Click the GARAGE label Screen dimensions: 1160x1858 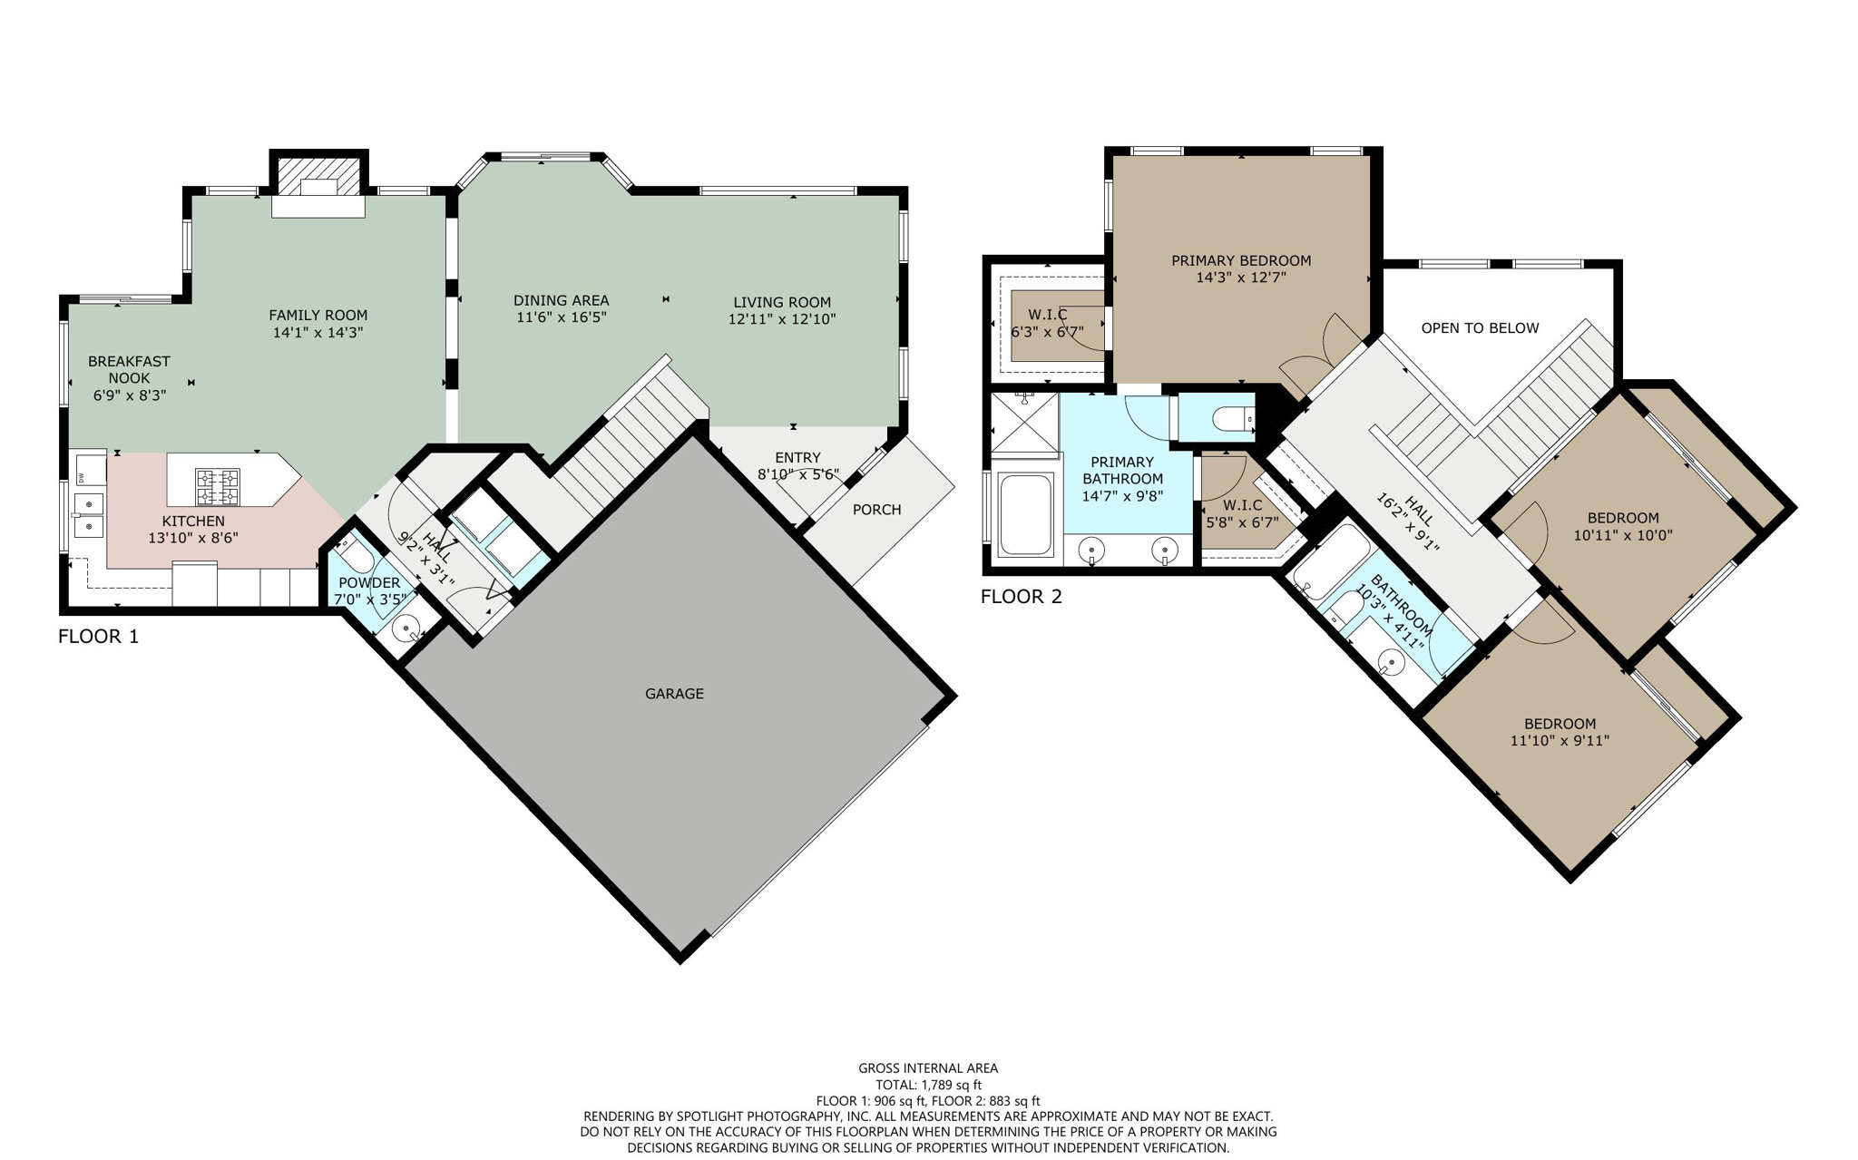[x=674, y=694]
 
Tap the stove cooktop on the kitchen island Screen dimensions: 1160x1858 [x=218, y=487]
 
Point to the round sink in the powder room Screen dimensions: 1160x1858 [x=407, y=627]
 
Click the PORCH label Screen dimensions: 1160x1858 [x=876, y=510]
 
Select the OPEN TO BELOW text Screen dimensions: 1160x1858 [x=1480, y=328]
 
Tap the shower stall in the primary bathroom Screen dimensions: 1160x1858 [x=1024, y=422]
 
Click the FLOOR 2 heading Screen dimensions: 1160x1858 [x=1021, y=597]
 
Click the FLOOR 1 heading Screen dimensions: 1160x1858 [x=98, y=637]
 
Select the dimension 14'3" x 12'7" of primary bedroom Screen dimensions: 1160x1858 [x=1241, y=278]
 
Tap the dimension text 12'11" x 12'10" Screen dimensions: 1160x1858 [x=781, y=319]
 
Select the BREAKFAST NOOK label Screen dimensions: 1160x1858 [x=129, y=369]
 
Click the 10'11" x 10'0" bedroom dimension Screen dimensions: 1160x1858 [x=1622, y=535]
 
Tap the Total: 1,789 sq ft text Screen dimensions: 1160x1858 [x=928, y=1085]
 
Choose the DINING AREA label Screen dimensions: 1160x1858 [x=561, y=300]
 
